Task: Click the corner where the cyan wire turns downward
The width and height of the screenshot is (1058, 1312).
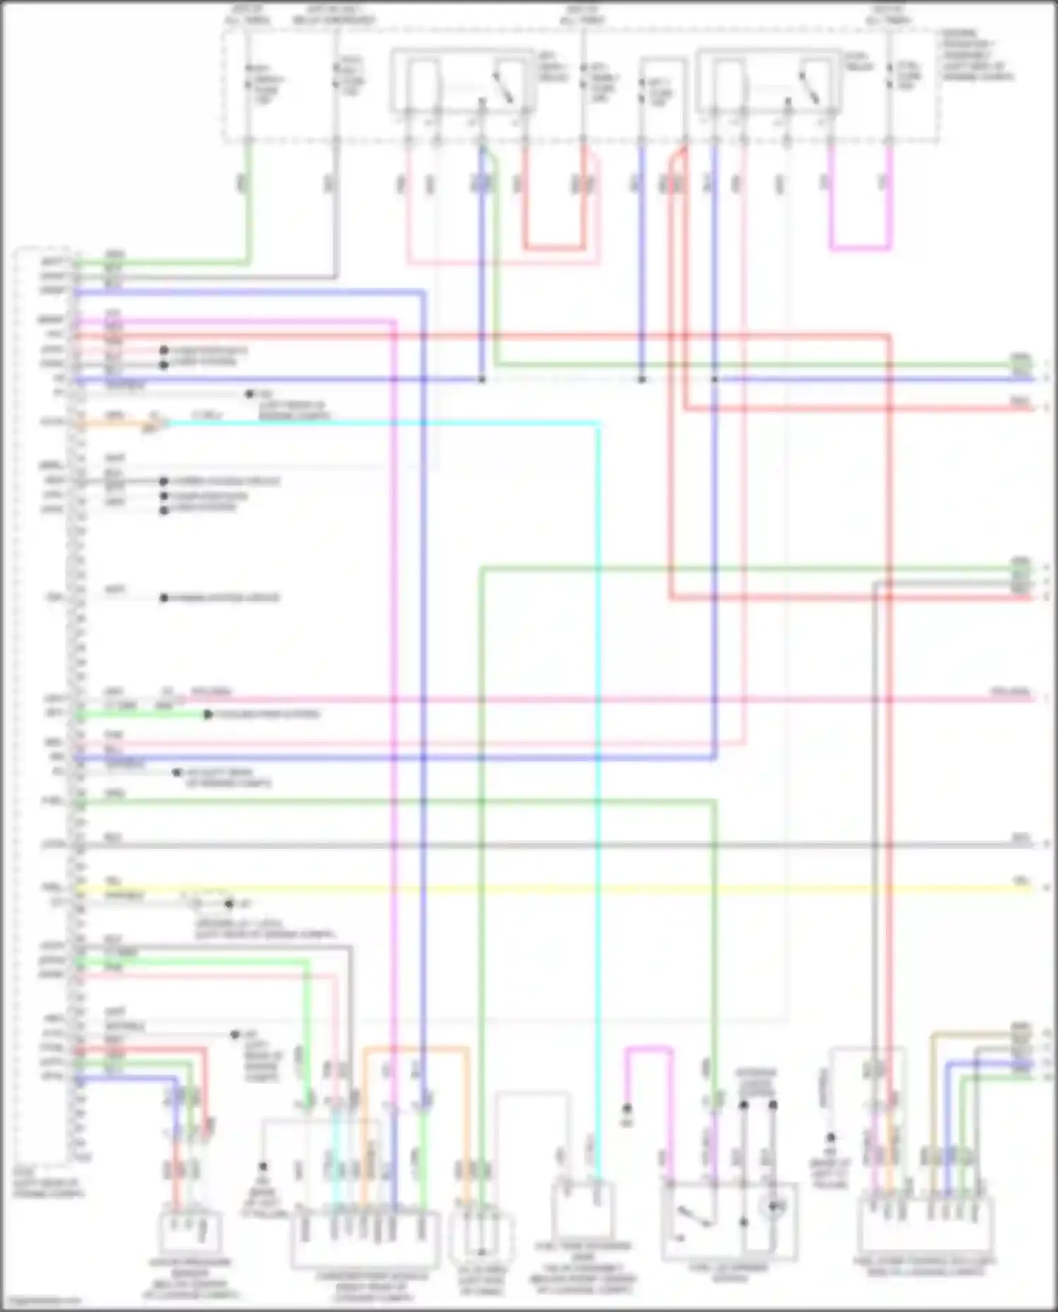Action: pos(598,424)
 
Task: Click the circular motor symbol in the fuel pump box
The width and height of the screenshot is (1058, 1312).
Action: pos(773,1208)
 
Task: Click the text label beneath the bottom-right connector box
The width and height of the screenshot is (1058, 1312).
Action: pos(924,1266)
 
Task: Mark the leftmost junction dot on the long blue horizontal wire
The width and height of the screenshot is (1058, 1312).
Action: pos(482,379)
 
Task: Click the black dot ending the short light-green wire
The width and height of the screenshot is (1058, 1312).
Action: pos(208,714)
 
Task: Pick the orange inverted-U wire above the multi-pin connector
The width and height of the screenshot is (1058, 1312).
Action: pos(416,1050)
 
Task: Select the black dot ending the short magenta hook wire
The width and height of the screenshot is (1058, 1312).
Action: pos(627,1109)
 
